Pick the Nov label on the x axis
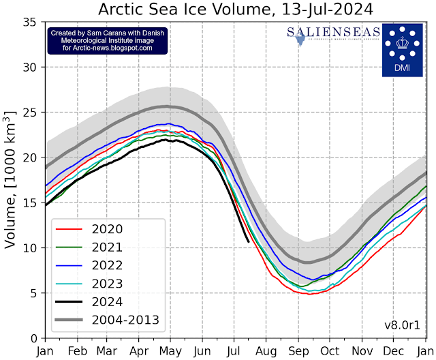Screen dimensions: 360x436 coord(362,350)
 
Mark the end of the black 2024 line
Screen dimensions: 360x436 coord(248,241)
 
